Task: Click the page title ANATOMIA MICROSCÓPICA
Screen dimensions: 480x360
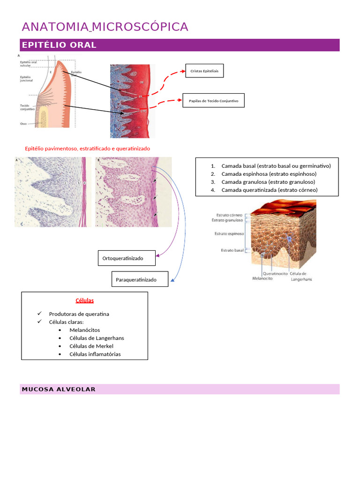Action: (x=105, y=27)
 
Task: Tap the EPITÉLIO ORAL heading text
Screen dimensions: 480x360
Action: (x=59, y=45)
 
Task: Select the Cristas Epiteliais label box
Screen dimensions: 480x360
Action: (x=204, y=71)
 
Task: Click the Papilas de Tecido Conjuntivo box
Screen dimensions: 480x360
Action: (x=213, y=100)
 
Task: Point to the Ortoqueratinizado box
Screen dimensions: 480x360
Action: (x=127, y=258)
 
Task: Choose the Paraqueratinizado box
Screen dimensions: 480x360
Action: (x=140, y=280)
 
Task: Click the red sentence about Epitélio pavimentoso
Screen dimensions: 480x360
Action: (x=87, y=148)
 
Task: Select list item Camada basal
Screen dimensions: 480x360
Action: (x=276, y=166)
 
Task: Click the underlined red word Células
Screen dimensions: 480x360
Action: (x=85, y=300)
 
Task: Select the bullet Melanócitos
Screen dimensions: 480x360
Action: (x=84, y=330)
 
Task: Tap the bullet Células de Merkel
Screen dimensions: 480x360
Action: (x=91, y=346)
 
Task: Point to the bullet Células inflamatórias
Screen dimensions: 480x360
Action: (x=95, y=354)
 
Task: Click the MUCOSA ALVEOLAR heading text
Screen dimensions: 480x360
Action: (x=59, y=389)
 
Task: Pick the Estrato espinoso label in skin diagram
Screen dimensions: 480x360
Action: (x=229, y=233)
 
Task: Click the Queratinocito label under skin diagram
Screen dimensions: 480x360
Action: (x=275, y=274)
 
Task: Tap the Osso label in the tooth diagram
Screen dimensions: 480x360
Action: (x=23, y=124)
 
